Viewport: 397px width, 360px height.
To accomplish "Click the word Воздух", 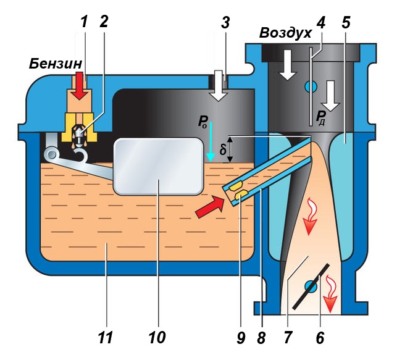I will coord(284,33).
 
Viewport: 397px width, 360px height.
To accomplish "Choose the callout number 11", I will coord(106,338).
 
